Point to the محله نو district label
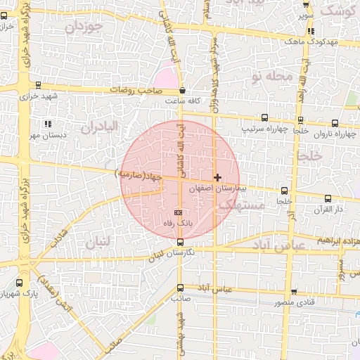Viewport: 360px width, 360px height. [x=262, y=77]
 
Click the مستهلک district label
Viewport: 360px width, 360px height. [x=240, y=205]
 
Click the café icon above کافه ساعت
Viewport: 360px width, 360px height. [x=183, y=90]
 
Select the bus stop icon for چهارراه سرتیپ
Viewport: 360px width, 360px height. [x=264, y=118]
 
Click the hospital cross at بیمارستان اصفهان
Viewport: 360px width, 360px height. [x=217, y=177]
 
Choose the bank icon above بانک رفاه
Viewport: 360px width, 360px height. [x=178, y=212]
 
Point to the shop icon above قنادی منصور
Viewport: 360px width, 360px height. [x=293, y=292]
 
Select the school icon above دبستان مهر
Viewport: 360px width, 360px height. [x=47, y=124]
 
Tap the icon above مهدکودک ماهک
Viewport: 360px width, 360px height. [x=311, y=31]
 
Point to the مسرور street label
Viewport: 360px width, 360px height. [x=341, y=270]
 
